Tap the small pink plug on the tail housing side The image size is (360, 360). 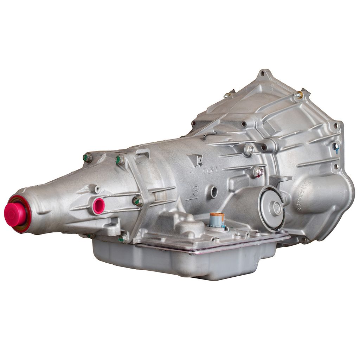[98, 205]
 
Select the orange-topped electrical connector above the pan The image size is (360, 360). [217, 219]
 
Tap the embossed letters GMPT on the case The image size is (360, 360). [211, 171]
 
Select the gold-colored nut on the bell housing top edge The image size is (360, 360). [298, 95]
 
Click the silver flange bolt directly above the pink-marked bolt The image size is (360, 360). [249, 149]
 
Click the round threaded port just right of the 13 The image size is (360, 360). [214, 192]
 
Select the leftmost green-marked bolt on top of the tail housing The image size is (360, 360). [87, 157]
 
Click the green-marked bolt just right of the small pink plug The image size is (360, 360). [138, 201]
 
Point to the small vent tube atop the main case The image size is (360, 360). [209, 134]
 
